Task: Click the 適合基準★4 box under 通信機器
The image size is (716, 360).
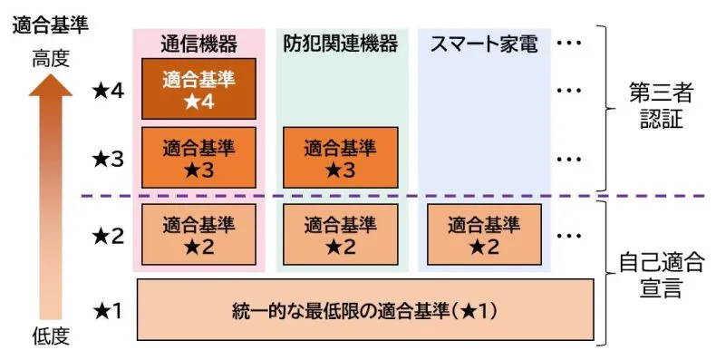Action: click(x=198, y=89)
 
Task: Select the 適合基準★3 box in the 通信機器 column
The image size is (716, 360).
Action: click(x=198, y=157)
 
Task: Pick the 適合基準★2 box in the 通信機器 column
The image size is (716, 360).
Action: click(x=198, y=234)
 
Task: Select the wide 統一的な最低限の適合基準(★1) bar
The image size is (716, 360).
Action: click(x=365, y=310)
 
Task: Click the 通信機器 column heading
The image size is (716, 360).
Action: click(x=198, y=44)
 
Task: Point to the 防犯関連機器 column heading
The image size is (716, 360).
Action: click(x=340, y=44)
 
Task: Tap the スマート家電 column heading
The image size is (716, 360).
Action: click(x=483, y=44)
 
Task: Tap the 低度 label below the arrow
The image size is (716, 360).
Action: click(x=51, y=337)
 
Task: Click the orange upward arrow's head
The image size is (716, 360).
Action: click(x=51, y=86)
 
